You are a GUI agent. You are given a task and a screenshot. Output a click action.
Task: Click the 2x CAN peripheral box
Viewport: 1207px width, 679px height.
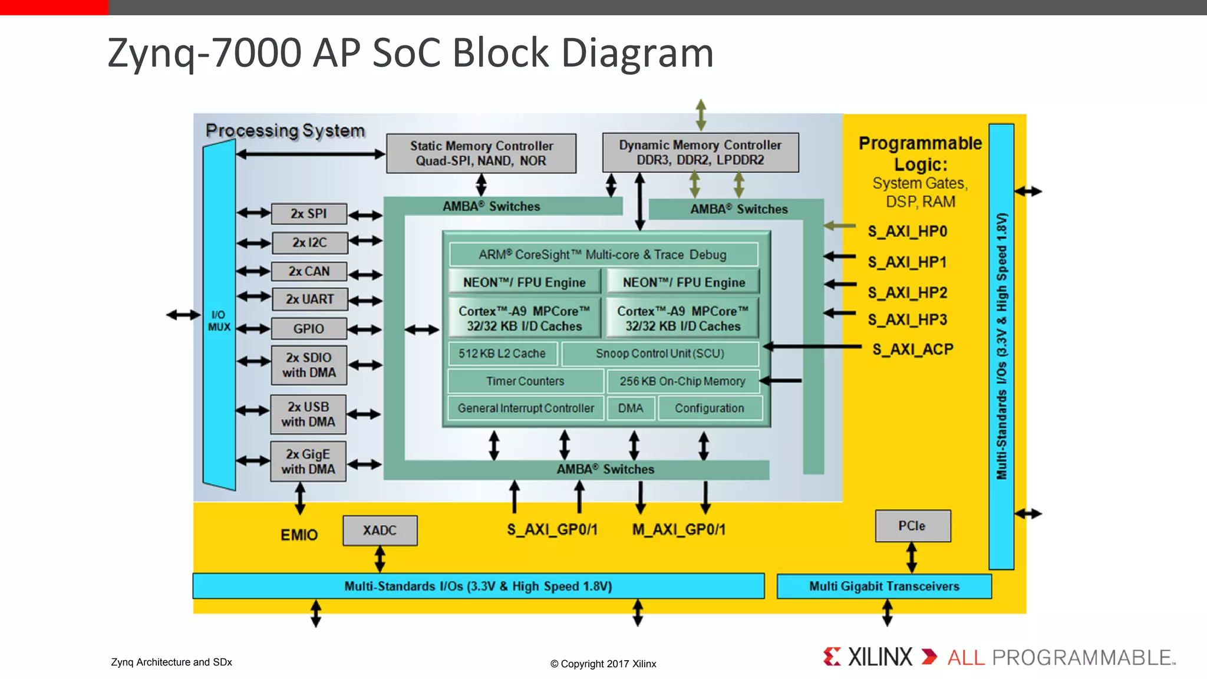click(309, 272)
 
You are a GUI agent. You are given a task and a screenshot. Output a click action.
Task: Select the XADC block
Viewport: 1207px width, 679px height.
click(380, 530)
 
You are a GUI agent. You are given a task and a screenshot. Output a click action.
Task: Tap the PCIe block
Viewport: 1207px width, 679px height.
click(912, 526)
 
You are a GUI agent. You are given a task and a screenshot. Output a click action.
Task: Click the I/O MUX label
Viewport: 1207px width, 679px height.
click(219, 321)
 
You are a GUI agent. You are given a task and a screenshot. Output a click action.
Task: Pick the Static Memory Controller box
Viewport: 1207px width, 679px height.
click(481, 153)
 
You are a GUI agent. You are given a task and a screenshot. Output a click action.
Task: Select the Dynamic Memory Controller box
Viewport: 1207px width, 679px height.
click(700, 153)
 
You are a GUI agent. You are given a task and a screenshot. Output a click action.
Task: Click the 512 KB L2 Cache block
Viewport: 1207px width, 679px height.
click(502, 354)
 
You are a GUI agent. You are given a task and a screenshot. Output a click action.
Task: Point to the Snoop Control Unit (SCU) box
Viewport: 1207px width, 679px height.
click(659, 354)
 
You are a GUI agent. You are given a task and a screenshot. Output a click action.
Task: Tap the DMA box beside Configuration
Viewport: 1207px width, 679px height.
click(630, 408)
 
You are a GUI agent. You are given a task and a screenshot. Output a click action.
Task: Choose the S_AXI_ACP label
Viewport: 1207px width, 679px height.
click(912, 350)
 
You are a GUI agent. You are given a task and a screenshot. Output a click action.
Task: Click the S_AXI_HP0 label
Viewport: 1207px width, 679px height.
click(907, 232)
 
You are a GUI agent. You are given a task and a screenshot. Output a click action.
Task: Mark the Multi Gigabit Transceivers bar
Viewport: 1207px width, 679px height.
click(883, 586)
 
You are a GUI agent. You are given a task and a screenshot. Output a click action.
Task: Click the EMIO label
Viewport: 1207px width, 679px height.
click(299, 535)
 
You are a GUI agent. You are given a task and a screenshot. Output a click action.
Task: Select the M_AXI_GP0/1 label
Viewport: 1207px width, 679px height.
click(678, 530)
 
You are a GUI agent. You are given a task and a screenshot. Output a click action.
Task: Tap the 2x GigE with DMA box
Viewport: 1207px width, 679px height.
click(308, 462)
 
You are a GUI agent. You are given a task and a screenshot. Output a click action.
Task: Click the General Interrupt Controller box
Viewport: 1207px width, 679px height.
click(526, 408)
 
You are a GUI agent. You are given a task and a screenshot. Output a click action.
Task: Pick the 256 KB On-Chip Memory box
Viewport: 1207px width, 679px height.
click(682, 381)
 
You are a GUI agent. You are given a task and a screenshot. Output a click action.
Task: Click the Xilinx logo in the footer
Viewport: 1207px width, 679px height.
click(868, 657)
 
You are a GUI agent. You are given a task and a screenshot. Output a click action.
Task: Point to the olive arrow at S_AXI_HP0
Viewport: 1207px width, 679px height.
click(839, 226)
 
